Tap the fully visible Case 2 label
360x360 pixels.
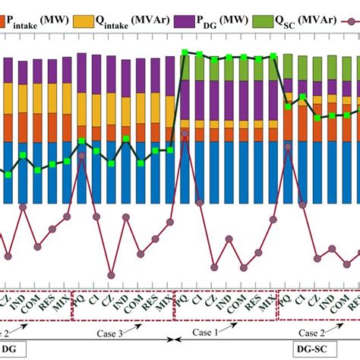pos(311,332)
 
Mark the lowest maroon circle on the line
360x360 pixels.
pos(112,275)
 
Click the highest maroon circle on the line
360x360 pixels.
pos(185,134)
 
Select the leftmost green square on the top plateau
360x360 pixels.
pos(185,52)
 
